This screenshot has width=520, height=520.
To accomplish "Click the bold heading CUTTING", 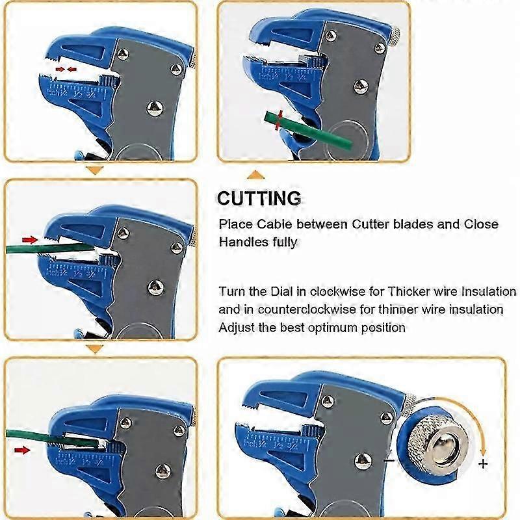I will pos(259,198).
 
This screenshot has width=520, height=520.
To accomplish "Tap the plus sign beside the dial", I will pos(482,463).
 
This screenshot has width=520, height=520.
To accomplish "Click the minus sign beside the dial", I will pos(388,460).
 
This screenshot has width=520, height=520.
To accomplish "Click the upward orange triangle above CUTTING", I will pos(257,174).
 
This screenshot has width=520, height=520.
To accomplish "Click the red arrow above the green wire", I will pos(30,240).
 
